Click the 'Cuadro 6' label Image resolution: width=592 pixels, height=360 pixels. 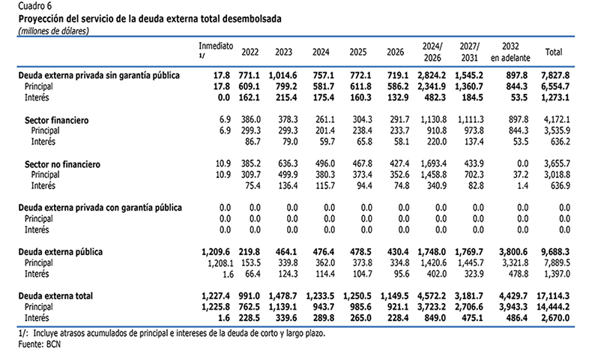(x=35, y=6)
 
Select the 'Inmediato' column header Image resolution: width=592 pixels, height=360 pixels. (x=216, y=46)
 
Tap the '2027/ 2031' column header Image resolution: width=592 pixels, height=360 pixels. (x=469, y=52)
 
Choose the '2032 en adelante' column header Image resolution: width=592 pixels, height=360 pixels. (x=510, y=52)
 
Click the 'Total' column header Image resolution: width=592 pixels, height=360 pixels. (x=554, y=52)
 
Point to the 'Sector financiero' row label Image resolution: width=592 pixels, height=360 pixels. (x=57, y=121)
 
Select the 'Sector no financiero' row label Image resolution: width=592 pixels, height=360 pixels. (x=62, y=164)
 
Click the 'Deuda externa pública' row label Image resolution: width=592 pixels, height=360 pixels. (x=61, y=252)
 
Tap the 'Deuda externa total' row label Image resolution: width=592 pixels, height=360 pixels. (x=55, y=295)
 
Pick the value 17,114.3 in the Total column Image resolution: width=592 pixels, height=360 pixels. (x=553, y=295)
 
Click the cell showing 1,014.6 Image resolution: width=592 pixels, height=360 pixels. (x=283, y=75)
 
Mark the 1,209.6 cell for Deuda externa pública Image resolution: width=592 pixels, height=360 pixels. (x=216, y=252)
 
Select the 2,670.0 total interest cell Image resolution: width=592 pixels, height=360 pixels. (x=555, y=318)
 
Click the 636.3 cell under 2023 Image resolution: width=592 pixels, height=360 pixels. (x=288, y=164)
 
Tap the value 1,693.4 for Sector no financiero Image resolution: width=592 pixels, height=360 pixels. (x=434, y=164)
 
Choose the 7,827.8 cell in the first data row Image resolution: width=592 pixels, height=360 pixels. (x=555, y=75)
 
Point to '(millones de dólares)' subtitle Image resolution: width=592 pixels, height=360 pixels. (x=54, y=31)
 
